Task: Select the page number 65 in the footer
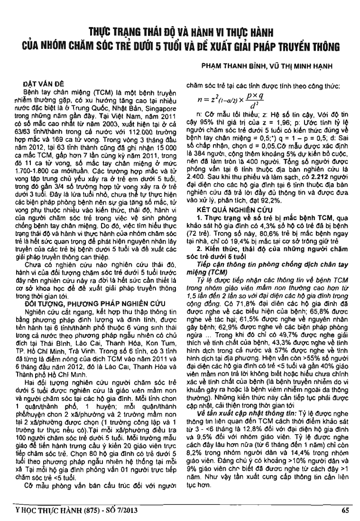coord(344,511)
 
